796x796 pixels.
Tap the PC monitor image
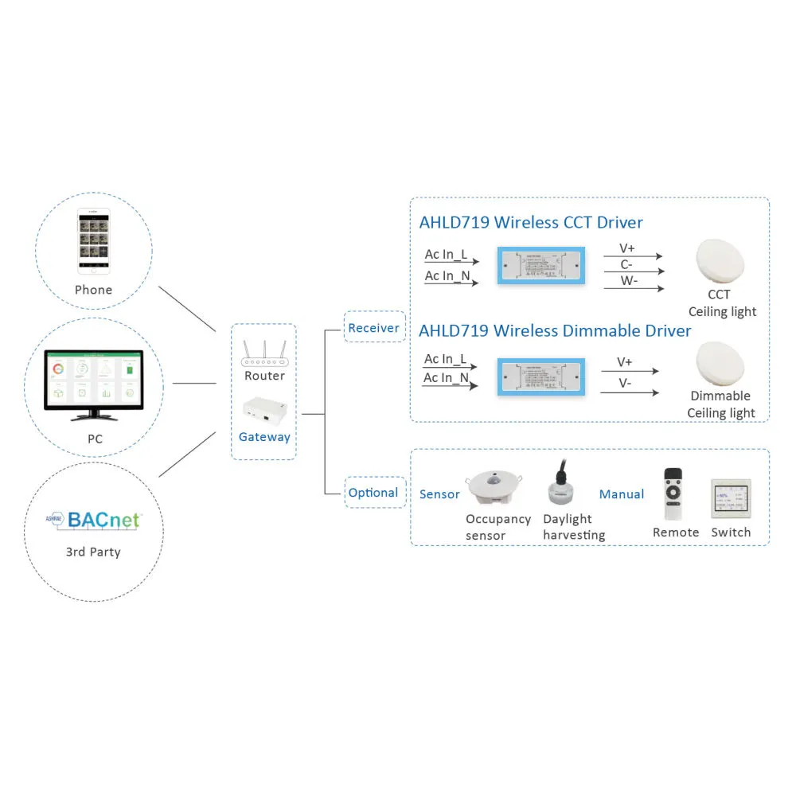94,384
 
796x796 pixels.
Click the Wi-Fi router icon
263,352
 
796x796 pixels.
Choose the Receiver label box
374,327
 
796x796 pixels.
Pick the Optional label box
373,493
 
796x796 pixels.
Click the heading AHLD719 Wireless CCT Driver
531,222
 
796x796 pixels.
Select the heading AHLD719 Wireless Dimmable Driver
555,330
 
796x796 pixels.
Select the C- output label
626,264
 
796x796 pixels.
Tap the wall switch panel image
731,499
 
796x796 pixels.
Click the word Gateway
264,436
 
